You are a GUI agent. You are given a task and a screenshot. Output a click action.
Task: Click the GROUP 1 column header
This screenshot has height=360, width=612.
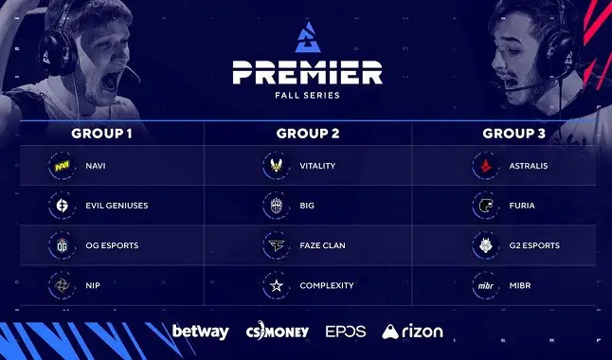pos(100,133)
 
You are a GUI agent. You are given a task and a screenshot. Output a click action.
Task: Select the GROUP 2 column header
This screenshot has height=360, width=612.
pos(307,133)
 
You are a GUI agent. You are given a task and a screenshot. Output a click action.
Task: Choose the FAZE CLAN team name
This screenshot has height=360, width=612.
pos(321,245)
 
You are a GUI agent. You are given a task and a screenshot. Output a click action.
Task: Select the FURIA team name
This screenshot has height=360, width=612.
pos(522,206)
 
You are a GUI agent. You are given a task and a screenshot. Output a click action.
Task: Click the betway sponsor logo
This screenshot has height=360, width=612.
pos(200,332)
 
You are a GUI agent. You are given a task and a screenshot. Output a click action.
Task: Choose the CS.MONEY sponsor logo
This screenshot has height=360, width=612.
pos(277,332)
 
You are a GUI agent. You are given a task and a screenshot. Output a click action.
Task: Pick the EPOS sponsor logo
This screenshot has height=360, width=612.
pos(345,332)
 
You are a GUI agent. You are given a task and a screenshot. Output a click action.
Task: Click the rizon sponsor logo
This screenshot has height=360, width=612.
pos(412,332)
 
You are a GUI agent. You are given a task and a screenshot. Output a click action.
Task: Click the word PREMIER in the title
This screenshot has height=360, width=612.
pos(305,72)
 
